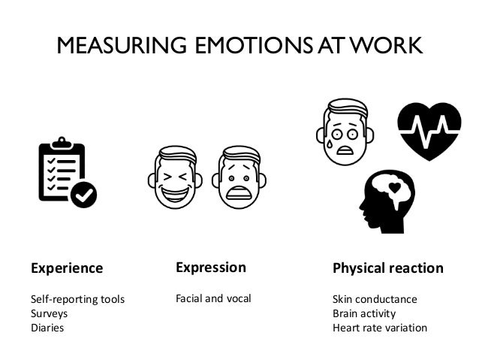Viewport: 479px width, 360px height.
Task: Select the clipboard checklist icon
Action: [63, 171]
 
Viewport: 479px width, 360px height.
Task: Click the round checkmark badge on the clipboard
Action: [83, 195]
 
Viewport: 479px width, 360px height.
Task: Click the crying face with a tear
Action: [342, 129]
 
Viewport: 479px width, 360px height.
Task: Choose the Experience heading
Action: [66, 268]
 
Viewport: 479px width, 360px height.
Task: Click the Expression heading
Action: [210, 268]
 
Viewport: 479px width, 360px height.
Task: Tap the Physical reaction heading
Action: [387, 268]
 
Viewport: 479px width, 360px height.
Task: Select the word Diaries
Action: [47, 328]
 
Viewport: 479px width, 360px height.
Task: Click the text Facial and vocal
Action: [213, 299]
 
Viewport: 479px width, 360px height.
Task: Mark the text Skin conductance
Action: [375, 300]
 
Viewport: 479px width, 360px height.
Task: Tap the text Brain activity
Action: [364, 313]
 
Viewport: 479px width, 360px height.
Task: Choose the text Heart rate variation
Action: [380, 328]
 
